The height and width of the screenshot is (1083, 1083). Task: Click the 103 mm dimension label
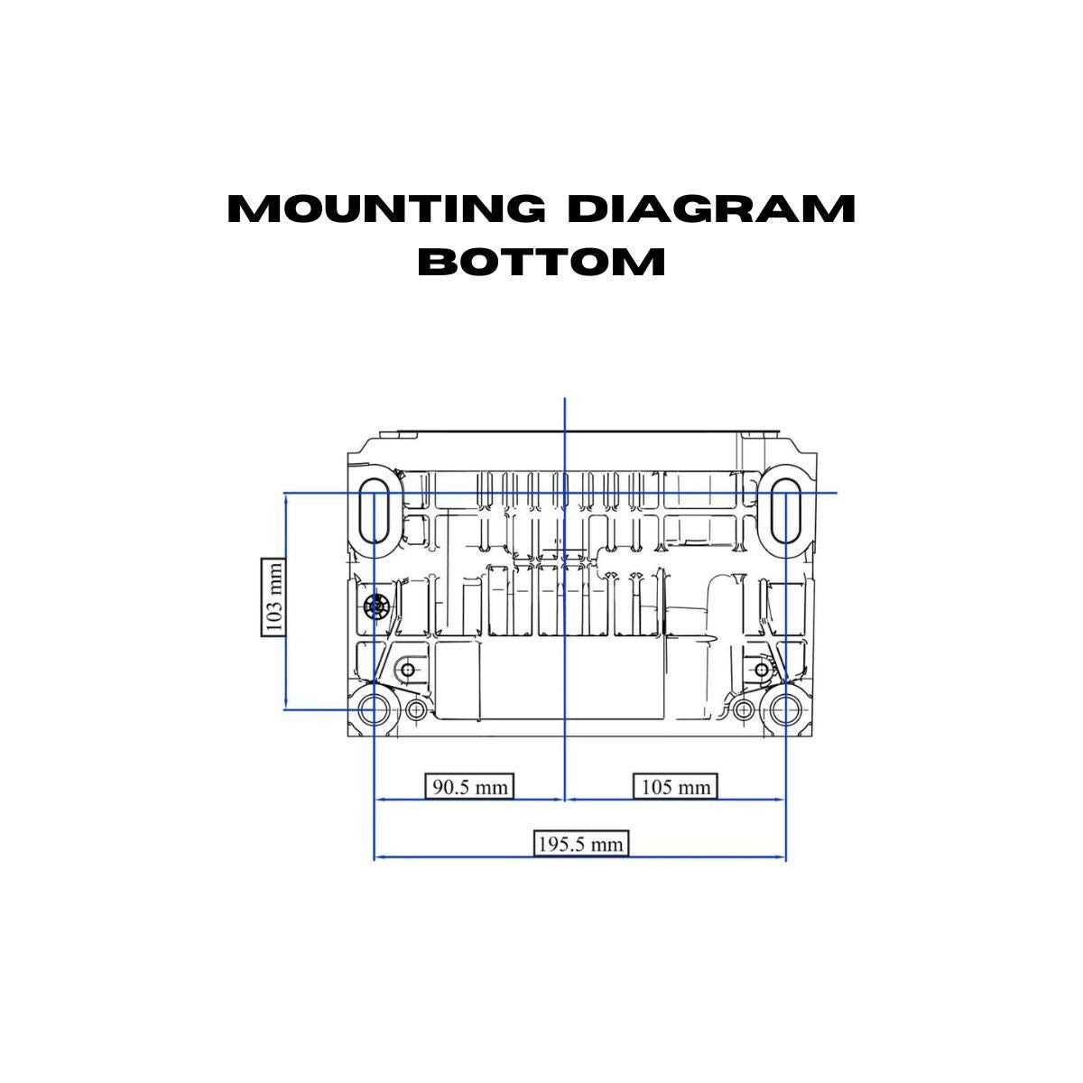tap(273, 597)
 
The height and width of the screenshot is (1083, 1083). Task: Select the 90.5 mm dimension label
tap(468, 787)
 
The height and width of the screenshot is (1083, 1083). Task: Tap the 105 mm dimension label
tap(675, 787)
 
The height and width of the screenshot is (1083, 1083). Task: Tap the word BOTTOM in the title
tap(541, 262)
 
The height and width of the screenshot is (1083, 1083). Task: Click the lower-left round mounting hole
tap(373, 710)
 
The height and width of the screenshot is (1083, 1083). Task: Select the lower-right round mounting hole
tap(784, 710)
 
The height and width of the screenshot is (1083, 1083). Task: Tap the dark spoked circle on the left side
tap(375, 606)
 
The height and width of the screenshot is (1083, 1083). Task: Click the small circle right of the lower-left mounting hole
tap(415, 710)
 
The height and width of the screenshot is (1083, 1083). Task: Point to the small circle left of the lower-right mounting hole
tap(743, 710)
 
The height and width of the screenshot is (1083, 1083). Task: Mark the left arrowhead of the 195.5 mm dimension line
tap(378, 856)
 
